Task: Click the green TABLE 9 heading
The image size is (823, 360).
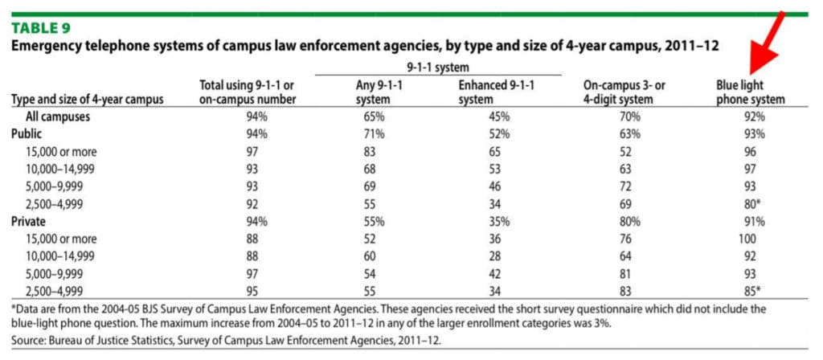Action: [x=40, y=28]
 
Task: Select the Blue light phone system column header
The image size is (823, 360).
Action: [x=751, y=92]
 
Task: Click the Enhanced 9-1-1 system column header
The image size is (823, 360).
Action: [x=496, y=92]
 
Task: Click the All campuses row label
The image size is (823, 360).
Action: [x=58, y=117]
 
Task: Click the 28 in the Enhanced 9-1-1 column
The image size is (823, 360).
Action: [x=496, y=256]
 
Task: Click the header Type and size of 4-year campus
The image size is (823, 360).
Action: [x=87, y=99]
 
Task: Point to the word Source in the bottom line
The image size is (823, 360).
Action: [x=27, y=340]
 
